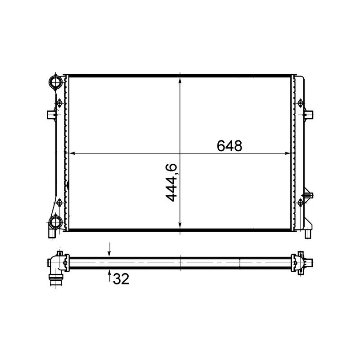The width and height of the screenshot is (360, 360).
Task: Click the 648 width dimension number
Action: (229, 146)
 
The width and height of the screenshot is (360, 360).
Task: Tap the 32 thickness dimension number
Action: (121, 279)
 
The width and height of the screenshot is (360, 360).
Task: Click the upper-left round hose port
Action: (55, 82)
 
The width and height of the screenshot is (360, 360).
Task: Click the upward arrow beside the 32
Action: (109, 275)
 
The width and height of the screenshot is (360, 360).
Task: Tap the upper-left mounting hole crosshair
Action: (59, 104)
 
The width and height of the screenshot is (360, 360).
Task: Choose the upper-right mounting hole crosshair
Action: (300, 104)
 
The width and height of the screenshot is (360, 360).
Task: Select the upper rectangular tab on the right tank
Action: (309, 114)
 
